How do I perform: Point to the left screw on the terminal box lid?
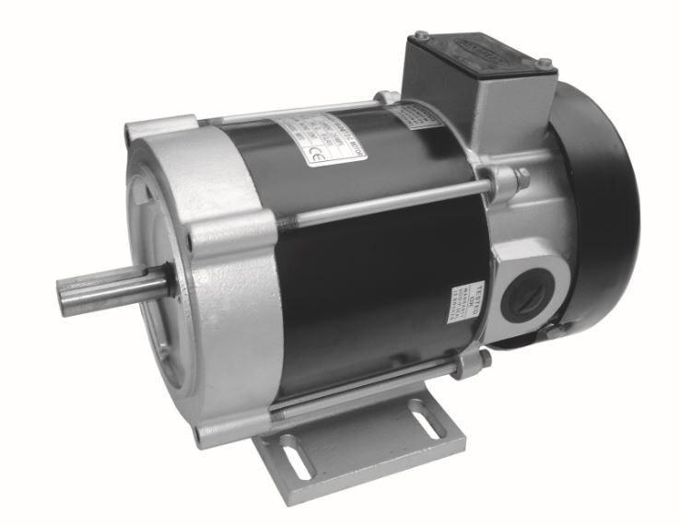[x=422, y=36]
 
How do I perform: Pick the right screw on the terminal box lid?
[x=545, y=64]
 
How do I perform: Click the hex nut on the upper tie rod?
[x=509, y=180]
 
